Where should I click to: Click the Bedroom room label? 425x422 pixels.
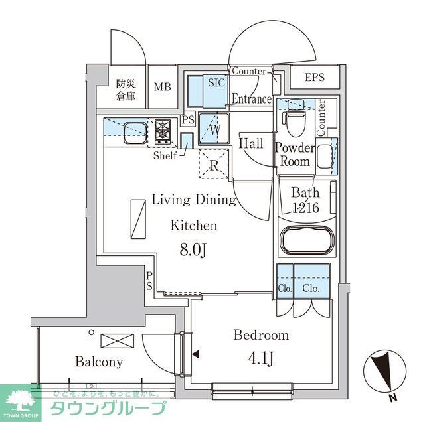coord(260,335)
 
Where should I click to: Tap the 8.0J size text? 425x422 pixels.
coord(194,250)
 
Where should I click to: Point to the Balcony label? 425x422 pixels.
coord(98,362)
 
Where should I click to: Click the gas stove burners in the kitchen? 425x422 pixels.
coord(163,131)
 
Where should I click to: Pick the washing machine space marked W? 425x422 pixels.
coord(214,129)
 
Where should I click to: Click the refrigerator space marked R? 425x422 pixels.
coord(214,165)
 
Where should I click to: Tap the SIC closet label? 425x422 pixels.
coord(216,83)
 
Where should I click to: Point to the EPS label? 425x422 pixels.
coord(315,78)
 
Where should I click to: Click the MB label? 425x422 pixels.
coord(162,86)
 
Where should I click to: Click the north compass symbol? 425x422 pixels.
coord(383,375)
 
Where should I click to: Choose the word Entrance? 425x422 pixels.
coord(251,99)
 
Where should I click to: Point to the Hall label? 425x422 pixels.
coord(251,143)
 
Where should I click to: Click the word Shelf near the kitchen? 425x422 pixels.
coord(165,155)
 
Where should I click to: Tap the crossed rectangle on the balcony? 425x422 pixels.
coord(117,341)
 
